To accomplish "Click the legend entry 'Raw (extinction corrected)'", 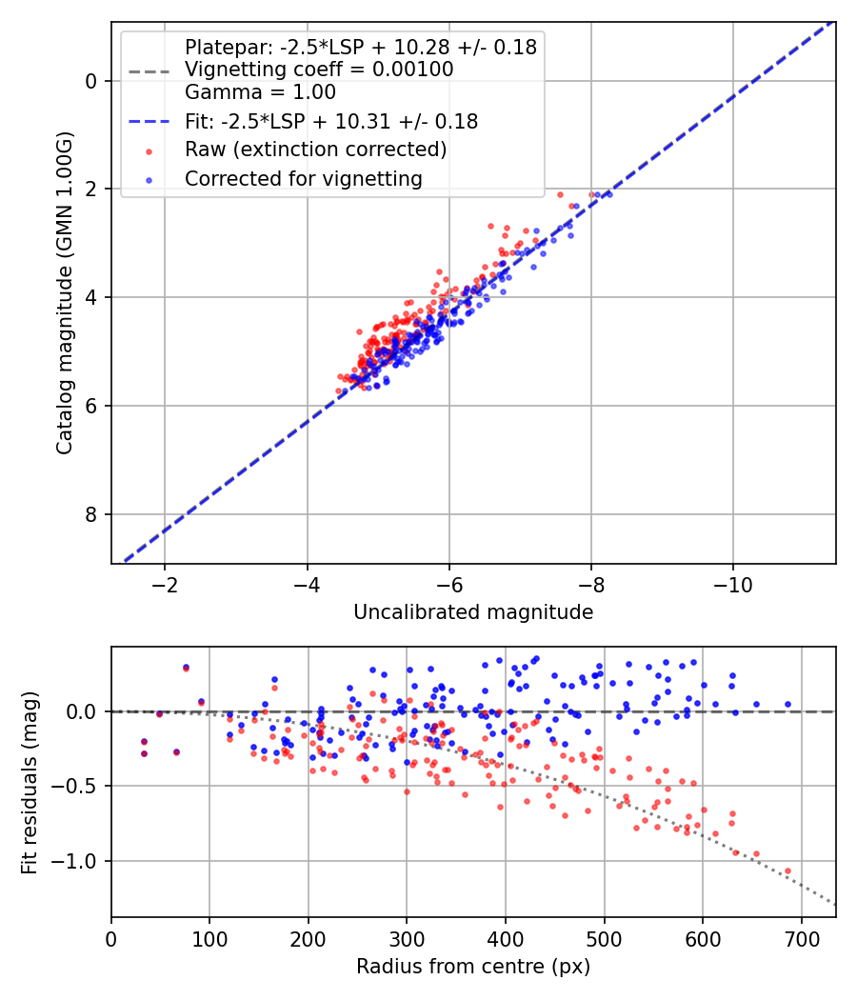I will tap(315, 150).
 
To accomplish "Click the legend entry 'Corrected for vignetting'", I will tap(303, 178).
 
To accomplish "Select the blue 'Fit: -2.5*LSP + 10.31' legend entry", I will tap(330, 122).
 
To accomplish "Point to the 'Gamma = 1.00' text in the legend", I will tap(260, 92).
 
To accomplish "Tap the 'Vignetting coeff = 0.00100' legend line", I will tap(319, 70).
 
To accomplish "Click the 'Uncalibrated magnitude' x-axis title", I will tap(473, 612).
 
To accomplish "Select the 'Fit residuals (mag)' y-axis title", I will tap(30, 782).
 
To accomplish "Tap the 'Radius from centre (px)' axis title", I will tap(473, 967).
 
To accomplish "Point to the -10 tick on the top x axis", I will tap(732, 581).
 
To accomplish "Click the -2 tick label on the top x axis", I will tap(165, 581).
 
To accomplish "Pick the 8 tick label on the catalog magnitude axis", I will tap(91, 514).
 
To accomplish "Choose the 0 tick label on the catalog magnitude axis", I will tap(91, 81).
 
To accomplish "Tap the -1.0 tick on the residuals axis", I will tap(77, 861).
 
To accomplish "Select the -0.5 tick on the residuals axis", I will tap(77, 787).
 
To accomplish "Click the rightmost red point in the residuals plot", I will tap(787, 870).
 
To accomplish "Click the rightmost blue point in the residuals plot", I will tap(787, 705).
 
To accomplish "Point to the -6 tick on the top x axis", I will tap(448, 581).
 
